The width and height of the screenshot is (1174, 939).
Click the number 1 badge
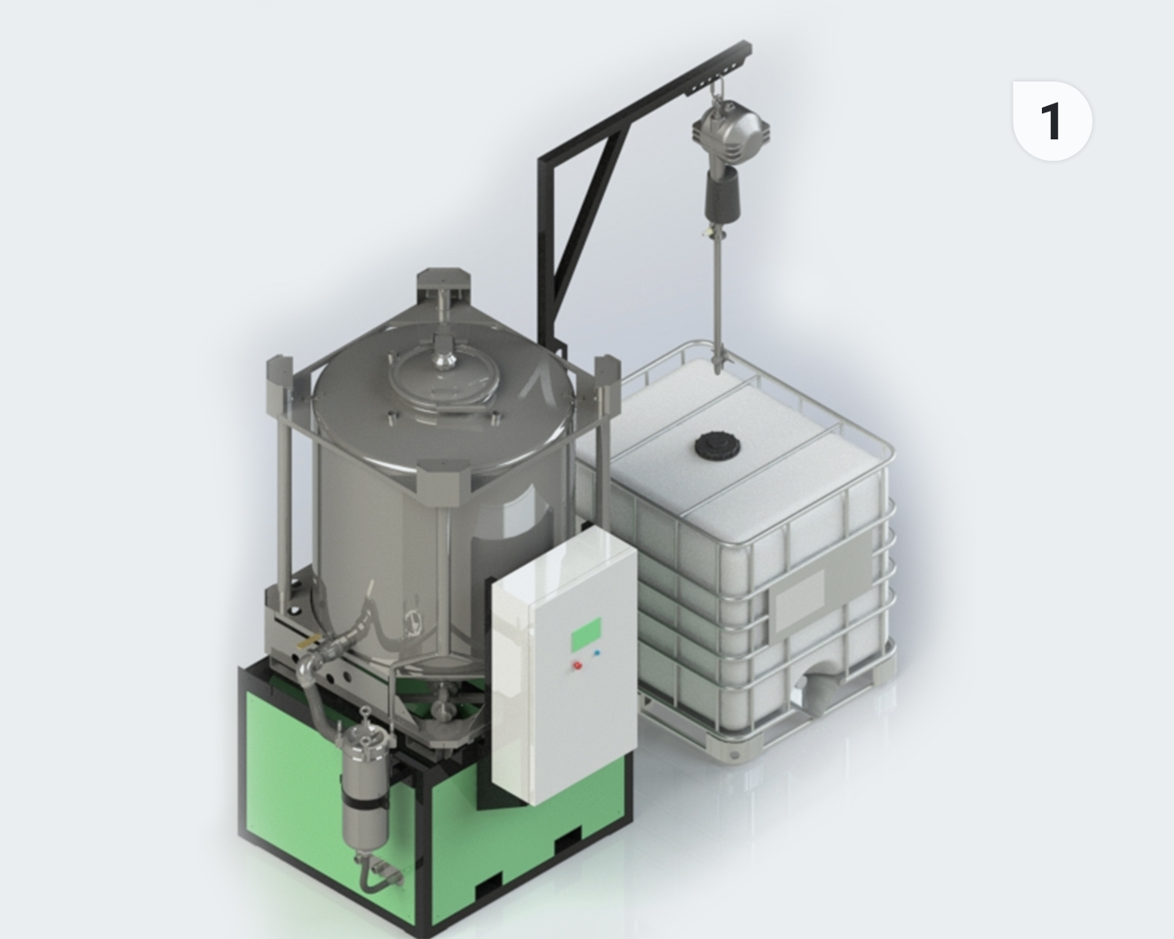tap(1053, 121)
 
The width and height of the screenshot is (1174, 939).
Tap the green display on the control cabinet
tap(586, 634)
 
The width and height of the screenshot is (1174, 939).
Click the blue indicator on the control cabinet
tap(596, 653)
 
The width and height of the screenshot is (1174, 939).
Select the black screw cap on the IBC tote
tap(717, 446)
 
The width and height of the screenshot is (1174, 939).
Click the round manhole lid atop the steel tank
tap(444, 379)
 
